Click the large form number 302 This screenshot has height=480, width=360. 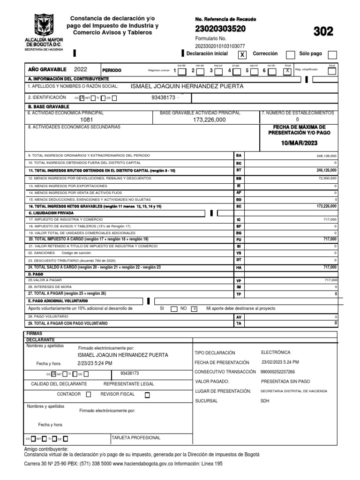tap(323, 31)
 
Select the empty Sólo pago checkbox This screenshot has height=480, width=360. tap(332, 54)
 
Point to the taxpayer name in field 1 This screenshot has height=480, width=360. tap(187, 86)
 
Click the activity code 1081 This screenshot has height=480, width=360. tap(87, 120)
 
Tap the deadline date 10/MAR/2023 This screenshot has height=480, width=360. tap(299, 142)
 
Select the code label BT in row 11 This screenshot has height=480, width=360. tap(239, 171)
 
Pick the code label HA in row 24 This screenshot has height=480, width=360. tap(239, 268)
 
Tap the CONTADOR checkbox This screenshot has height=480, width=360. tap(89, 395)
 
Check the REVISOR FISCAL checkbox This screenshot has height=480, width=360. tap(147, 395)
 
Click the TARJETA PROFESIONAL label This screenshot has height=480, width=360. tap(135, 438)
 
